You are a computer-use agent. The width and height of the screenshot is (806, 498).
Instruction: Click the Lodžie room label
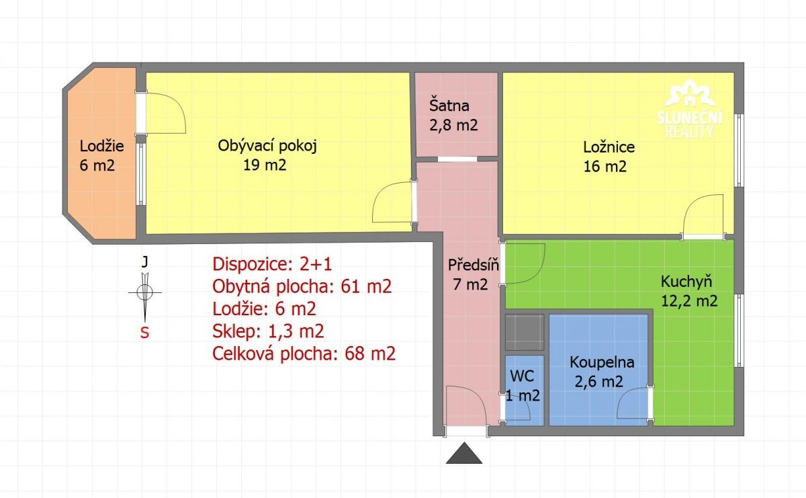tap(102, 146)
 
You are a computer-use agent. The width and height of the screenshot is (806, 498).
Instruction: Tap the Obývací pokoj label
tap(267, 147)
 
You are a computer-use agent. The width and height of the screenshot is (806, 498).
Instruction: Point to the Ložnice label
tap(609, 147)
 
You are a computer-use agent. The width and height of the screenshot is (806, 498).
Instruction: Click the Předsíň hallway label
tap(474, 265)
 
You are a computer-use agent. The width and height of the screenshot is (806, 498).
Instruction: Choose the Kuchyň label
tap(686, 281)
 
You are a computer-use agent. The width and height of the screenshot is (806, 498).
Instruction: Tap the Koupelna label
tap(602, 362)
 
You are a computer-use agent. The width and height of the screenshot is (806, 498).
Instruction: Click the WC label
tap(522, 376)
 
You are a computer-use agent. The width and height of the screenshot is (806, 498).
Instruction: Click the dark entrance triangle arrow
tap(464, 453)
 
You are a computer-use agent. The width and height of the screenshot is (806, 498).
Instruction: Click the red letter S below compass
tap(144, 333)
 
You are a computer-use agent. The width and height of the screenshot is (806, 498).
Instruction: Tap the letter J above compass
tap(144, 261)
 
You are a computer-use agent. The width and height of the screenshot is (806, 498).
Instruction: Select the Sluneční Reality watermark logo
tap(689, 109)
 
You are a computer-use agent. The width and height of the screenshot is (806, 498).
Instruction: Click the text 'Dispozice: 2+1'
tap(272, 264)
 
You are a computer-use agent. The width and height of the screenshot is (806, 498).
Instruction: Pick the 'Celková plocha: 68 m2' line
tap(304, 354)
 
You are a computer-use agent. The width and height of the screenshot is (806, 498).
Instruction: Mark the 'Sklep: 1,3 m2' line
tap(268, 331)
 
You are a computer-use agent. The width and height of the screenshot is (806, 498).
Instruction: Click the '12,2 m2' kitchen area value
tap(689, 301)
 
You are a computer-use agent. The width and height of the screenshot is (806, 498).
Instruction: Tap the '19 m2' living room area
tap(265, 165)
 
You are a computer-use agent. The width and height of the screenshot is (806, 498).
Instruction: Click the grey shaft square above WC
tap(525, 332)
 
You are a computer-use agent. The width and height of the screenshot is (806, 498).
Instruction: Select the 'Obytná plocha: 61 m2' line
tap(302, 286)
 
